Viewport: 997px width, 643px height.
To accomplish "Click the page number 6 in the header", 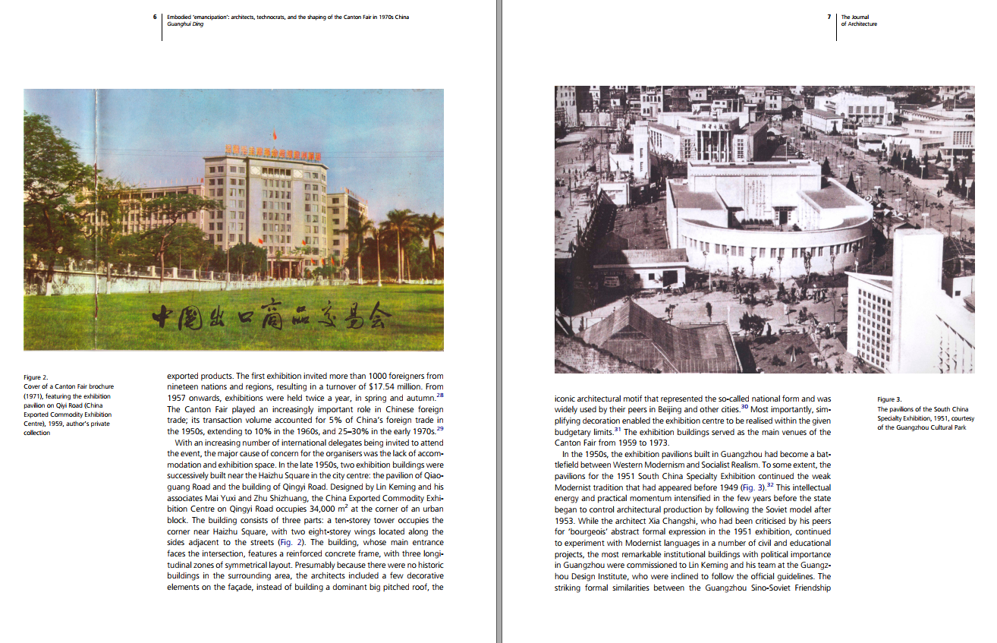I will pyautogui.click(x=155, y=17).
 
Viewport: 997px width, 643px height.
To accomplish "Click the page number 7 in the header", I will pyautogui.click(x=831, y=17).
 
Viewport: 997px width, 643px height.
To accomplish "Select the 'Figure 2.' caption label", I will pyautogui.click(x=36, y=377).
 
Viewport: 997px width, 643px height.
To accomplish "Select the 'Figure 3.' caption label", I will pyautogui.click(x=889, y=399).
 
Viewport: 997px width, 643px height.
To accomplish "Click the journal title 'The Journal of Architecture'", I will pyautogui.click(x=858, y=20).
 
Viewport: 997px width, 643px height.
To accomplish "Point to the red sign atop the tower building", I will pyautogui.click(x=272, y=153).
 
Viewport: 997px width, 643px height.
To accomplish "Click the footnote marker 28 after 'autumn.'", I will pyautogui.click(x=440, y=395).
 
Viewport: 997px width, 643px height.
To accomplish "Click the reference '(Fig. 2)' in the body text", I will pyautogui.click(x=319, y=543).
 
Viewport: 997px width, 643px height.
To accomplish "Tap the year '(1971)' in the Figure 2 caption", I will pyautogui.click(x=34, y=396).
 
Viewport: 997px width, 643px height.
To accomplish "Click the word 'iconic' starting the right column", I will pyautogui.click(x=566, y=399).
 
